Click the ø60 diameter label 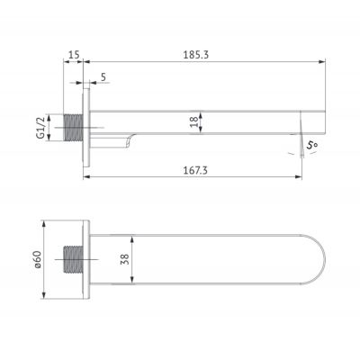[x=38, y=259]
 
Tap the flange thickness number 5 [x=104, y=77]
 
